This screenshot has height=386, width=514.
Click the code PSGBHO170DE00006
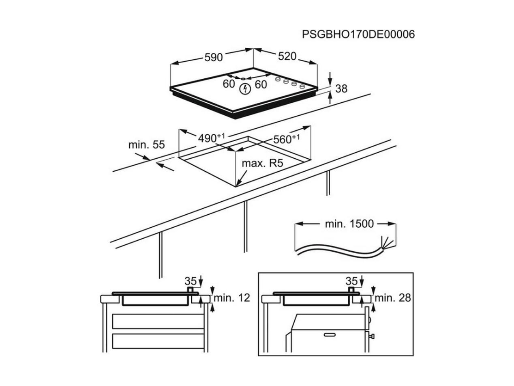click(x=358, y=35)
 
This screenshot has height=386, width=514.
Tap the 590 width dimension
click(x=213, y=57)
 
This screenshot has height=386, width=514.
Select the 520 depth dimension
click(x=287, y=56)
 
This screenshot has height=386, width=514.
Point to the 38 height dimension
click(x=341, y=89)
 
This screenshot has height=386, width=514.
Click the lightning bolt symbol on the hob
click(x=245, y=89)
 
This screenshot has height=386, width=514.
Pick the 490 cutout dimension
click(x=211, y=138)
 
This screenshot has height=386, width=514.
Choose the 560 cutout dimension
click(x=286, y=139)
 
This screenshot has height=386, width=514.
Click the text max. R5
click(x=262, y=163)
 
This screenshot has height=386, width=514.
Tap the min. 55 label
click(x=147, y=145)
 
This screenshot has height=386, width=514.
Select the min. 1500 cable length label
click(x=349, y=224)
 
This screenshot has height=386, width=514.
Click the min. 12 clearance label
click(x=232, y=298)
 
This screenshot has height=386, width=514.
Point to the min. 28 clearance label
click(x=393, y=298)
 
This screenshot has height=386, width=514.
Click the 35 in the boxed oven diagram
click(x=352, y=281)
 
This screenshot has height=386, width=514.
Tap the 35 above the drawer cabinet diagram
click(x=191, y=281)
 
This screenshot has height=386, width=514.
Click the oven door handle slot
click(x=330, y=335)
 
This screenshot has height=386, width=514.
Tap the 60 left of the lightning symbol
click(x=229, y=84)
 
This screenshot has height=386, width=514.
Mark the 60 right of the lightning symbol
click(x=261, y=84)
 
